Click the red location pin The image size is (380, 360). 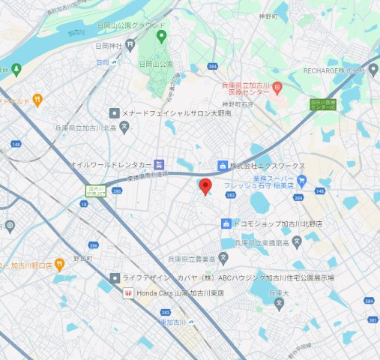[205, 187]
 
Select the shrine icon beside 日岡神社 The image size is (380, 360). [113, 63]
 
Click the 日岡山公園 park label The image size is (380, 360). [156, 64]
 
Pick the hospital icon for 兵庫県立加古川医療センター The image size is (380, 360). [276, 87]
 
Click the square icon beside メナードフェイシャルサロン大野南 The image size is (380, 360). [114, 113]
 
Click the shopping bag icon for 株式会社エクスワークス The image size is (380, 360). [222, 165]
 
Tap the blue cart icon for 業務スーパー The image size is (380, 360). [301, 180]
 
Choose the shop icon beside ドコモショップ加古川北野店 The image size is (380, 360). [226, 223]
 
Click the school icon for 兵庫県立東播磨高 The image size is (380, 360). [297, 241]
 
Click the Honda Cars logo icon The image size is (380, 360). [127, 293]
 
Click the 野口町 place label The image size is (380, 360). [82, 258]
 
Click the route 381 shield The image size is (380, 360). [373, 321]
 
